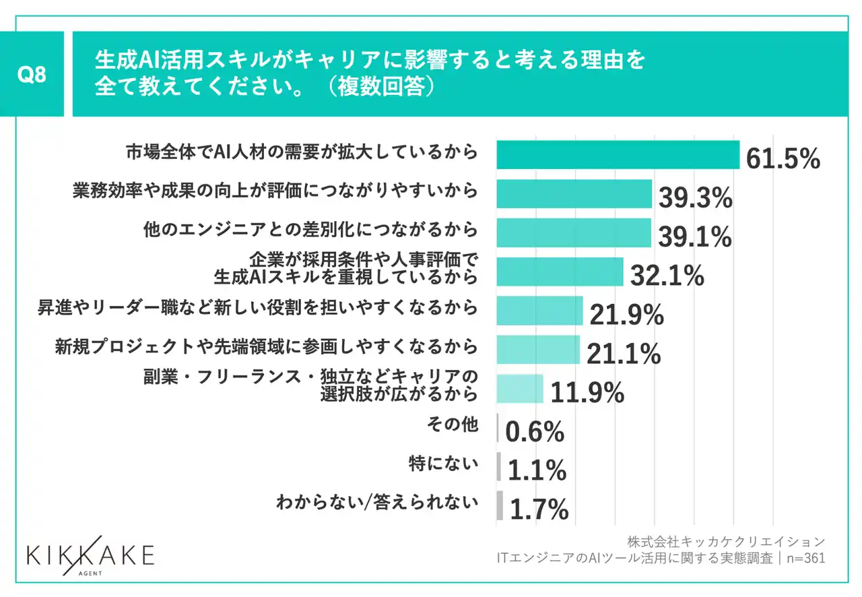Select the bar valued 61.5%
(618, 154)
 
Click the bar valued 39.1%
(574, 232)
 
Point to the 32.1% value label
(667, 276)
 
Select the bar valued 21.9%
(539, 311)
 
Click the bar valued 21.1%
(538, 349)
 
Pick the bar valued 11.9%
(520, 389)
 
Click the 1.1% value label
(537, 472)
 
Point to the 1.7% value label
(539, 510)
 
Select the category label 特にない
(443, 464)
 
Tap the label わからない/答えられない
(377, 502)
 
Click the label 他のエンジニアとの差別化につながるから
(310, 230)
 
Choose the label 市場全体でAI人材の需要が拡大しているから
(302, 152)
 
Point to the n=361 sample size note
(807, 559)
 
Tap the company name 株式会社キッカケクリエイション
(725, 542)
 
